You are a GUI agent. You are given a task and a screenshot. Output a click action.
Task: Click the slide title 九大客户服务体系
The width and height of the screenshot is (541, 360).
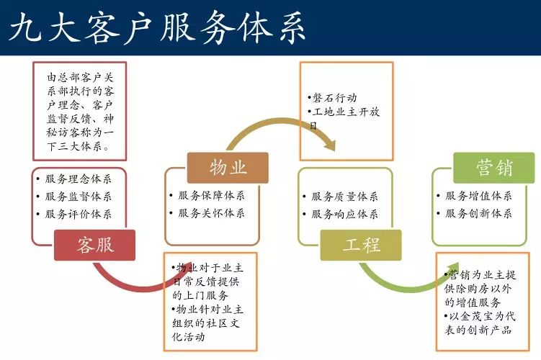click(x=158, y=27)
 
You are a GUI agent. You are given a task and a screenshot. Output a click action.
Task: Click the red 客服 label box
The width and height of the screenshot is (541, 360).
click(x=94, y=246)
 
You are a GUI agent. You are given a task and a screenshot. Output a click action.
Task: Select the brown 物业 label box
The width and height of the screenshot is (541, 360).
click(x=228, y=168)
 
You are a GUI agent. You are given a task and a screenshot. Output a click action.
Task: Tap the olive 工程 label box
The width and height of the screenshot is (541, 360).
click(x=361, y=246)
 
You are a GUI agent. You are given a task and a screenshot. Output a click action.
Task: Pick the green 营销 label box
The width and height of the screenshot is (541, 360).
click(x=494, y=168)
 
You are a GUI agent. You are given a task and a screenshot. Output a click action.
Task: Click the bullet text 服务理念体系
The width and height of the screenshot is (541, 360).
click(x=79, y=179)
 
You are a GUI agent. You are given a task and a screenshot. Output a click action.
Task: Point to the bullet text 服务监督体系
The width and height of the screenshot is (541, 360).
click(x=79, y=197)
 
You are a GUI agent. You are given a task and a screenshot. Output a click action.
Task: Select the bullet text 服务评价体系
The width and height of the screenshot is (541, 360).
click(x=79, y=214)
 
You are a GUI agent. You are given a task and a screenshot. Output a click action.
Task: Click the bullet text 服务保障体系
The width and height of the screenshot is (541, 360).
click(x=211, y=196)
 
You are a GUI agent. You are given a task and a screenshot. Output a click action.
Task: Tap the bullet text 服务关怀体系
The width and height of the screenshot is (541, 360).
click(x=211, y=213)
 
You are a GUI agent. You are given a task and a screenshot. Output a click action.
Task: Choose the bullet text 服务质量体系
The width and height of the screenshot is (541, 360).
click(x=344, y=197)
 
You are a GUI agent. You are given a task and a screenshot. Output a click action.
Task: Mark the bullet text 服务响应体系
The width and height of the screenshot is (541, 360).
click(x=344, y=214)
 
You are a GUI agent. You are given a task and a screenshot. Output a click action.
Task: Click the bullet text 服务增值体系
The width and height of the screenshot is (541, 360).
click(x=478, y=196)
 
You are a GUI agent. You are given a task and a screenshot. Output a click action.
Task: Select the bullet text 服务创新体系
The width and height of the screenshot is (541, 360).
click(x=478, y=213)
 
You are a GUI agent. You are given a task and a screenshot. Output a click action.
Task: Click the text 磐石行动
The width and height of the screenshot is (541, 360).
click(x=334, y=98)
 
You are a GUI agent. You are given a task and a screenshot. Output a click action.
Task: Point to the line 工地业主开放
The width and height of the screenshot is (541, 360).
click(x=346, y=112)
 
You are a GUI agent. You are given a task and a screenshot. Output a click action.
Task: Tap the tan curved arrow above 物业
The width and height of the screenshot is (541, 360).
click(x=280, y=122)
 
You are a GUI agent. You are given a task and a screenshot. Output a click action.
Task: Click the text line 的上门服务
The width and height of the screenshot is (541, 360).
click(x=200, y=295)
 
